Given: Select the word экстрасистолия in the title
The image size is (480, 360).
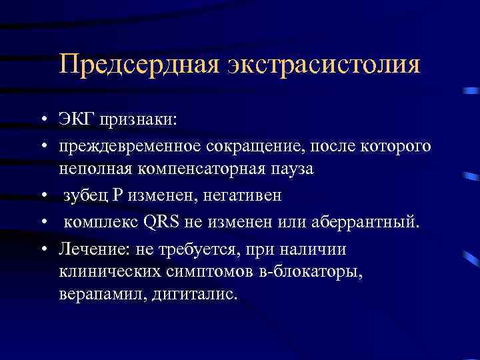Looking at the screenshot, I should pyautogui.click(x=325, y=65).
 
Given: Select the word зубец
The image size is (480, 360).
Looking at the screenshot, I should pyautogui.click(x=85, y=195).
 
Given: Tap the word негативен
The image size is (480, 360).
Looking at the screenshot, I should pyautogui.click(x=243, y=195).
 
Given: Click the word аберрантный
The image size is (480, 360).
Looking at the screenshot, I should pyautogui.click(x=371, y=221).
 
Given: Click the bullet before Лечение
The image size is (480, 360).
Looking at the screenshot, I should pyautogui.click(x=43, y=248).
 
